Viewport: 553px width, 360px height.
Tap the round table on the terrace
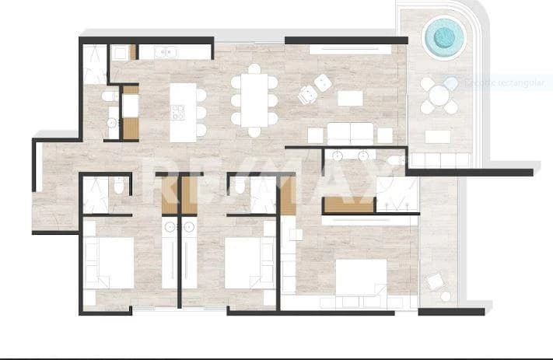tap(439, 95)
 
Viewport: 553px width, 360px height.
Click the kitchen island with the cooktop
tap(184, 111)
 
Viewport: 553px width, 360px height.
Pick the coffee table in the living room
tap(350, 98)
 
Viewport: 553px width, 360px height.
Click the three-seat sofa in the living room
tap(350, 131)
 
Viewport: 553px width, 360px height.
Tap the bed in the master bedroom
tap(360, 278)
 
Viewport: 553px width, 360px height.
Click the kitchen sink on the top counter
tap(166, 52)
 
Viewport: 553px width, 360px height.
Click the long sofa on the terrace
tap(440, 160)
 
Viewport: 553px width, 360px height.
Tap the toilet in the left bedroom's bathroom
tap(117, 185)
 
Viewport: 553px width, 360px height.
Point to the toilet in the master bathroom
tap(396, 160)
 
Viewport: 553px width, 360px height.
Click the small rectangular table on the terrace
tap(438, 136)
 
